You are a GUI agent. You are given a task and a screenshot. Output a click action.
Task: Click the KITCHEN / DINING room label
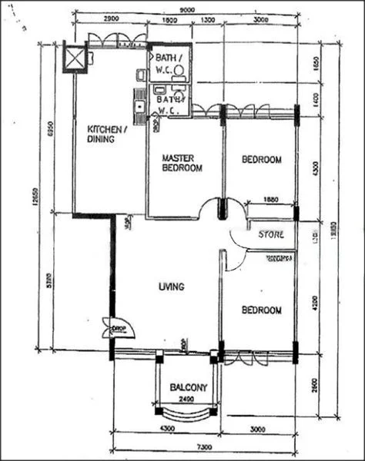[x=106, y=134]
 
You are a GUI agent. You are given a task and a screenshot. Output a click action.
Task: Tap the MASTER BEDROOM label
[x=182, y=164]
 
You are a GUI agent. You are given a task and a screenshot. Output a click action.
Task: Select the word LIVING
[x=171, y=287]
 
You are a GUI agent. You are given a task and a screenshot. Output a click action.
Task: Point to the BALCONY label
[x=189, y=388]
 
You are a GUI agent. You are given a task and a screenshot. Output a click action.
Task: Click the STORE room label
[x=270, y=234]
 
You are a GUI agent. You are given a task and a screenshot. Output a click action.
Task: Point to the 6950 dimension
[x=51, y=127]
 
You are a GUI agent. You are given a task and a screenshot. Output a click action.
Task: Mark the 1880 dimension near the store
[x=271, y=198]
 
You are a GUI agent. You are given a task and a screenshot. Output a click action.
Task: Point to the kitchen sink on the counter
[x=139, y=107]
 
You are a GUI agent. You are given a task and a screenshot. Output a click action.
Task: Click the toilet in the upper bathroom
[x=179, y=70]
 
